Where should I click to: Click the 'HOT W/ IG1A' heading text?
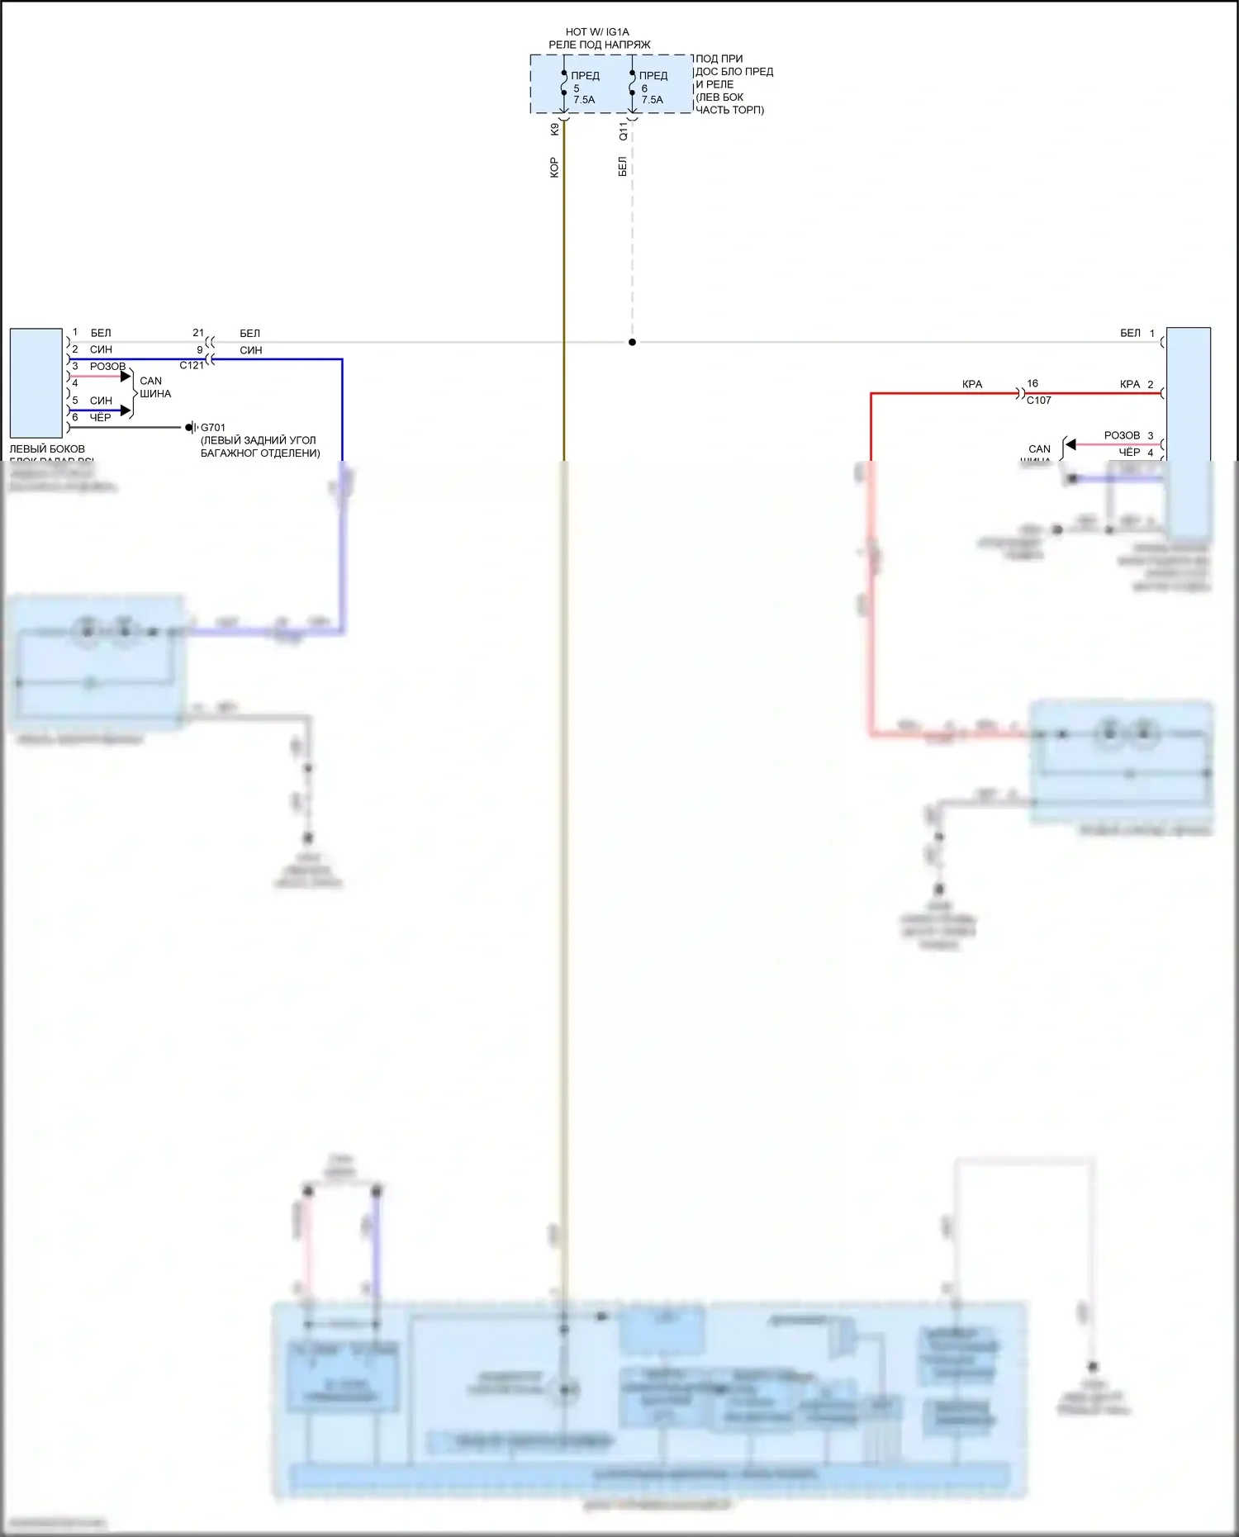point(596,32)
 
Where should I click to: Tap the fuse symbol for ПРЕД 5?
point(564,83)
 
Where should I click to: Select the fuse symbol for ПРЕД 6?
point(633,83)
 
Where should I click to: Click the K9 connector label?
point(554,130)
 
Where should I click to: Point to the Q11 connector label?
point(623,130)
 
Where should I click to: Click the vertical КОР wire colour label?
point(553,168)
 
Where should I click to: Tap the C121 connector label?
point(192,365)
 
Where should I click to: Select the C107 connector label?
point(1038,401)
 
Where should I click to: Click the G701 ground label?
point(213,428)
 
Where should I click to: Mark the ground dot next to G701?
point(189,427)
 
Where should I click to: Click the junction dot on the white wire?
point(632,342)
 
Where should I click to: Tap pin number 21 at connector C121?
point(198,333)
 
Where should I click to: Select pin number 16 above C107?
point(1032,384)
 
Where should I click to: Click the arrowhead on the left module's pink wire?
point(126,377)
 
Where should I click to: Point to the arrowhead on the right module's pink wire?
point(1070,444)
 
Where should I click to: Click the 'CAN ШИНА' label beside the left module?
point(154,387)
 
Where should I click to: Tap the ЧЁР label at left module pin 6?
point(100,418)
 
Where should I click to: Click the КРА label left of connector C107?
point(972,384)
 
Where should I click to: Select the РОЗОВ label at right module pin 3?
point(1121,435)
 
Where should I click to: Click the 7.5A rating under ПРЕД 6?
point(653,100)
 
